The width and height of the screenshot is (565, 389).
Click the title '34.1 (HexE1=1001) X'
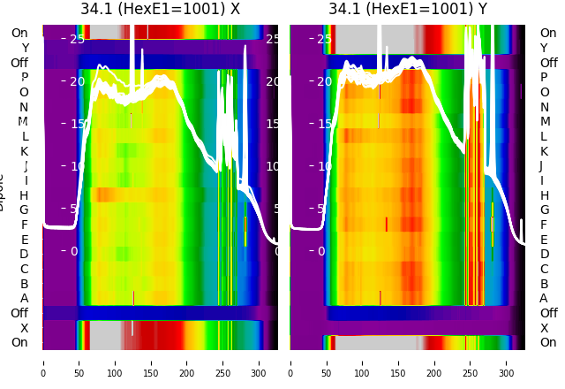(x=160, y=10)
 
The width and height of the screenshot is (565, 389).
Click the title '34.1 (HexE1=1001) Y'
(x=408, y=10)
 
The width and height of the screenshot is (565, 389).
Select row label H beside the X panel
(x=24, y=195)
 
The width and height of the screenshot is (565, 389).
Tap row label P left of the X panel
(x=24, y=78)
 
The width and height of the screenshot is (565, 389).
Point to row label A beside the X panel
(x=24, y=299)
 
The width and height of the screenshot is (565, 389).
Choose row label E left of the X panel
(x=24, y=240)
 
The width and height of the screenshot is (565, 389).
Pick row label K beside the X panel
(x=24, y=151)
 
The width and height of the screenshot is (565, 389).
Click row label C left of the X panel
(x=24, y=269)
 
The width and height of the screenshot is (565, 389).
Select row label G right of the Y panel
(x=545, y=210)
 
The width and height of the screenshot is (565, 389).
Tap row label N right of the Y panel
(x=545, y=107)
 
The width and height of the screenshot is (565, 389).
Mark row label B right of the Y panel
(x=545, y=284)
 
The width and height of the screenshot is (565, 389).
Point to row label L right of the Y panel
(x=545, y=136)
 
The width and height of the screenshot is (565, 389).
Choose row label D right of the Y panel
(x=545, y=255)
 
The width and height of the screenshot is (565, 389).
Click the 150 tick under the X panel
(x=151, y=362)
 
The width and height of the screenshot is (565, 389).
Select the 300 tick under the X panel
(x=259, y=362)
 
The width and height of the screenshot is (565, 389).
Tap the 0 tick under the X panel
(x=42, y=362)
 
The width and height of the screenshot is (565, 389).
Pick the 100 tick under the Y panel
(x=362, y=362)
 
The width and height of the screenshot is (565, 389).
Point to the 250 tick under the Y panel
(x=471, y=362)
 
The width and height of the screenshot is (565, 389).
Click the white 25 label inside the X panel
(x=77, y=39)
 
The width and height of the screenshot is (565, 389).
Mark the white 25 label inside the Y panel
(x=324, y=39)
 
